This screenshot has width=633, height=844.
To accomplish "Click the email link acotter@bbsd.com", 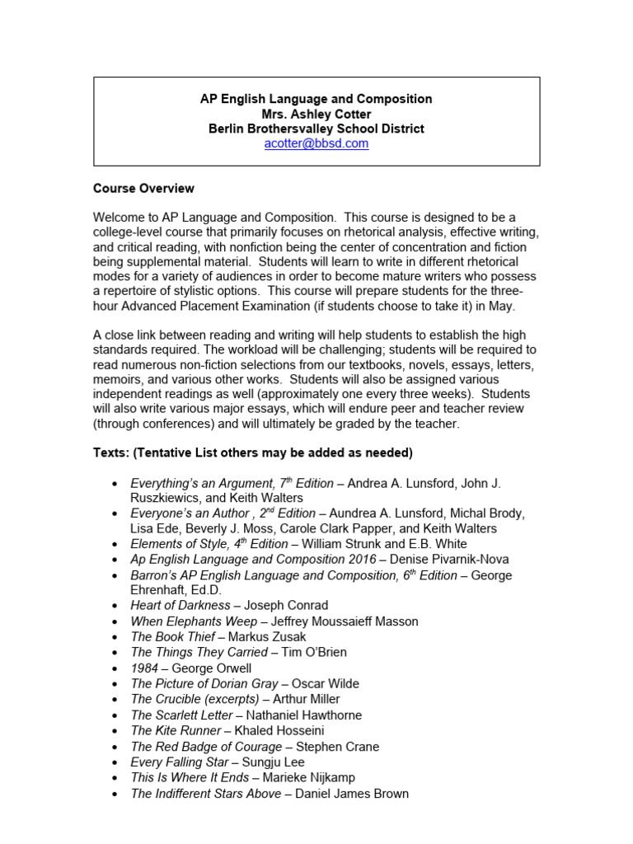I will (316, 143).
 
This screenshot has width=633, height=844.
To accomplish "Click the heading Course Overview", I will (143, 189).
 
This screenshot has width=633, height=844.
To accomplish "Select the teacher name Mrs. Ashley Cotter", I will (316, 114).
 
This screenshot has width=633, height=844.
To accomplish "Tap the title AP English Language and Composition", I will (316, 99).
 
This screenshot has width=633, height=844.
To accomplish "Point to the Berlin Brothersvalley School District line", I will (316, 129).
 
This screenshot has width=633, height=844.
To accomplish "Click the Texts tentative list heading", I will (252, 453).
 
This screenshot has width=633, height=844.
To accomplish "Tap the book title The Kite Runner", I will (176, 731).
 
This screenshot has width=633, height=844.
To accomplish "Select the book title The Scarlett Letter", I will (186, 715).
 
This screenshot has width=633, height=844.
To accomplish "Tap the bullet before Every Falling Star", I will (113, 763).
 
